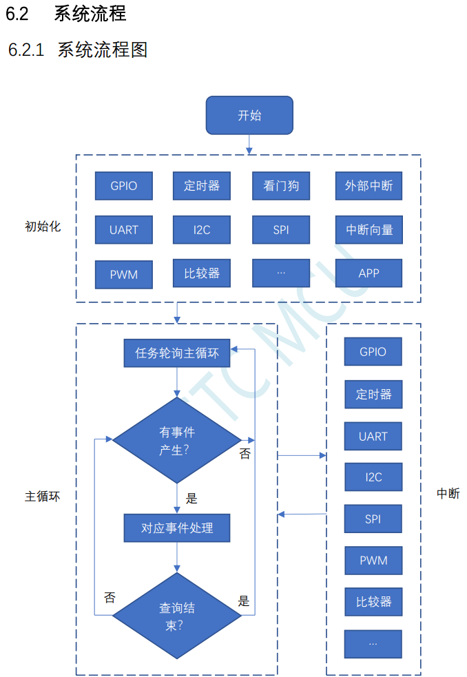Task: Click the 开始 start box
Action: (249, 115)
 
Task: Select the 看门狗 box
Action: (281, 186)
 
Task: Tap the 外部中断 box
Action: (369, 186)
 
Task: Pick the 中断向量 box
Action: (369, 230)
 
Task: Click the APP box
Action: (369, 273)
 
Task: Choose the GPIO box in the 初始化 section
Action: (124, 186)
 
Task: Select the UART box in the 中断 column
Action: (373, 436)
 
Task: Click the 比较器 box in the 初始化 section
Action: (202, 273)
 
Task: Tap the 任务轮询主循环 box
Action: (177, 353)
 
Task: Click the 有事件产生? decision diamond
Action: (177, 440)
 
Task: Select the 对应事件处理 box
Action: (177, 528)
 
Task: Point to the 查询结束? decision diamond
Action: (177, 616)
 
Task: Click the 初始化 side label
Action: (43, 226)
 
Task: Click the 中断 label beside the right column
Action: (448, 493)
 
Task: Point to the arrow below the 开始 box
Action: (249, 145)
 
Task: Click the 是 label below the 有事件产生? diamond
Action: (192, 498)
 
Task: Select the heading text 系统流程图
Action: (103, 50)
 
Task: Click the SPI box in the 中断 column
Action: (373, 519)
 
